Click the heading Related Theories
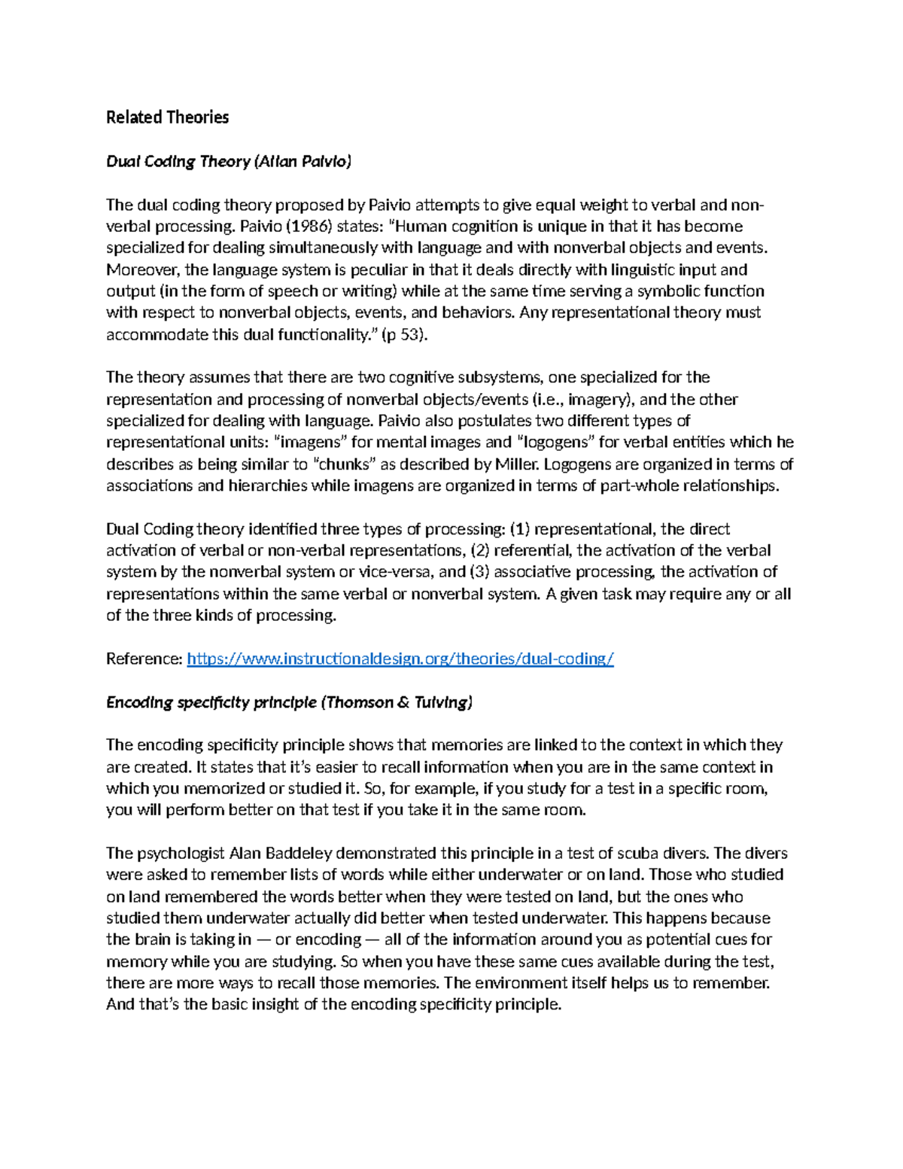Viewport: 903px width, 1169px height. (x=167, y=117)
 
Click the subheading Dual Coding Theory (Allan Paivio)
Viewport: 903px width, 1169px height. (x=228, y=161)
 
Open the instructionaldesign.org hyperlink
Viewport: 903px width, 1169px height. (x=400, y=659)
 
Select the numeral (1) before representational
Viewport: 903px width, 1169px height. (x=519, y=529)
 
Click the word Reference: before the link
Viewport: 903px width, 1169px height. (x=144, y=659)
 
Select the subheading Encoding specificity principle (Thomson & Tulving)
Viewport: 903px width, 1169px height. (x=289, y=703)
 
